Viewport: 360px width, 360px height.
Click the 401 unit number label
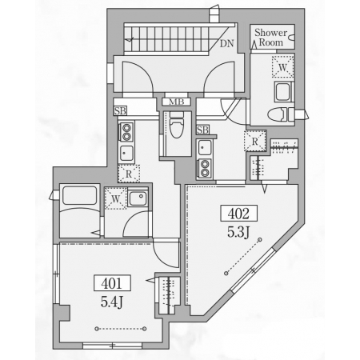[112, 283]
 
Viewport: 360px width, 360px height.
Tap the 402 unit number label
[239, 213]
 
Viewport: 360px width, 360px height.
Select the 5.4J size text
[112, 302]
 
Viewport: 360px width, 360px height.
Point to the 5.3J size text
[238, 232]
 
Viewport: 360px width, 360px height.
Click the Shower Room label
[270, 38]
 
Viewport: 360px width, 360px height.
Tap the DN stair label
[226, 43]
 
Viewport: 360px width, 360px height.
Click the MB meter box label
[177, 102]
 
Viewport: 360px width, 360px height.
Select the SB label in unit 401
[120, 110]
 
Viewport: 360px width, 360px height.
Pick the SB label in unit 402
[202, 130]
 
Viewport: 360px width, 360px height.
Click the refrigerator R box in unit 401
[129, 174]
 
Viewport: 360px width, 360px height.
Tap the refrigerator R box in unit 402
[255, 142]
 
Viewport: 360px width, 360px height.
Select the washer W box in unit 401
[115, 198]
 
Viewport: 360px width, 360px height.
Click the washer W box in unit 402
[283, 67]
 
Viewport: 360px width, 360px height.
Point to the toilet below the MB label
[177, 124]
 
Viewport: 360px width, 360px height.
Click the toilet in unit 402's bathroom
[281, 115]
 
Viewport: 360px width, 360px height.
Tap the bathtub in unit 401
[79, 195]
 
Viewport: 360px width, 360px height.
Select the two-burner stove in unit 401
[126, 132]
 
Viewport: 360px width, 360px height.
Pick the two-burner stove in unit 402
[205, 169]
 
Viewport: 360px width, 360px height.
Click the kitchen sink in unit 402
[205, 147]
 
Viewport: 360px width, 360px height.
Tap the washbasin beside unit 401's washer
[138, 198]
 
